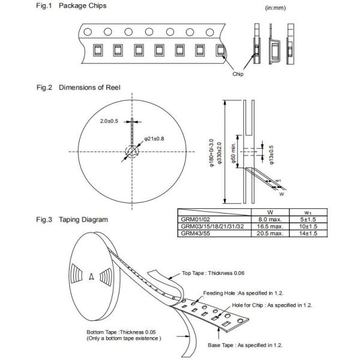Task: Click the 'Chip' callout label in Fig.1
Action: pos(238,74)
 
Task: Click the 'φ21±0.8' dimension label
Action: pos(155,139)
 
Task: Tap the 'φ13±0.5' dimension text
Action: pos(271,155)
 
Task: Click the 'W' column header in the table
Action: pos(270,212)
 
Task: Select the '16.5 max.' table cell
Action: pos(270,226)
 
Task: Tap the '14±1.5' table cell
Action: pos(309,233)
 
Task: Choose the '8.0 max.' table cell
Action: pos(270,220)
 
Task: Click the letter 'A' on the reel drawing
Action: pos(91,277)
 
